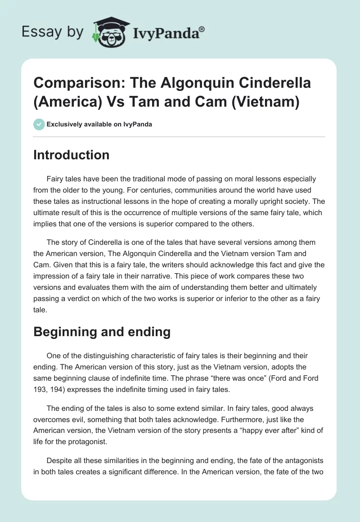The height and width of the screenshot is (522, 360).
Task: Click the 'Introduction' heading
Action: pos(71,155)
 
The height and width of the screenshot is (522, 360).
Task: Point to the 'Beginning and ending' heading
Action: pos(102,332)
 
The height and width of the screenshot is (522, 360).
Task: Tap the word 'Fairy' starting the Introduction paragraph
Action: pos(55,179)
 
